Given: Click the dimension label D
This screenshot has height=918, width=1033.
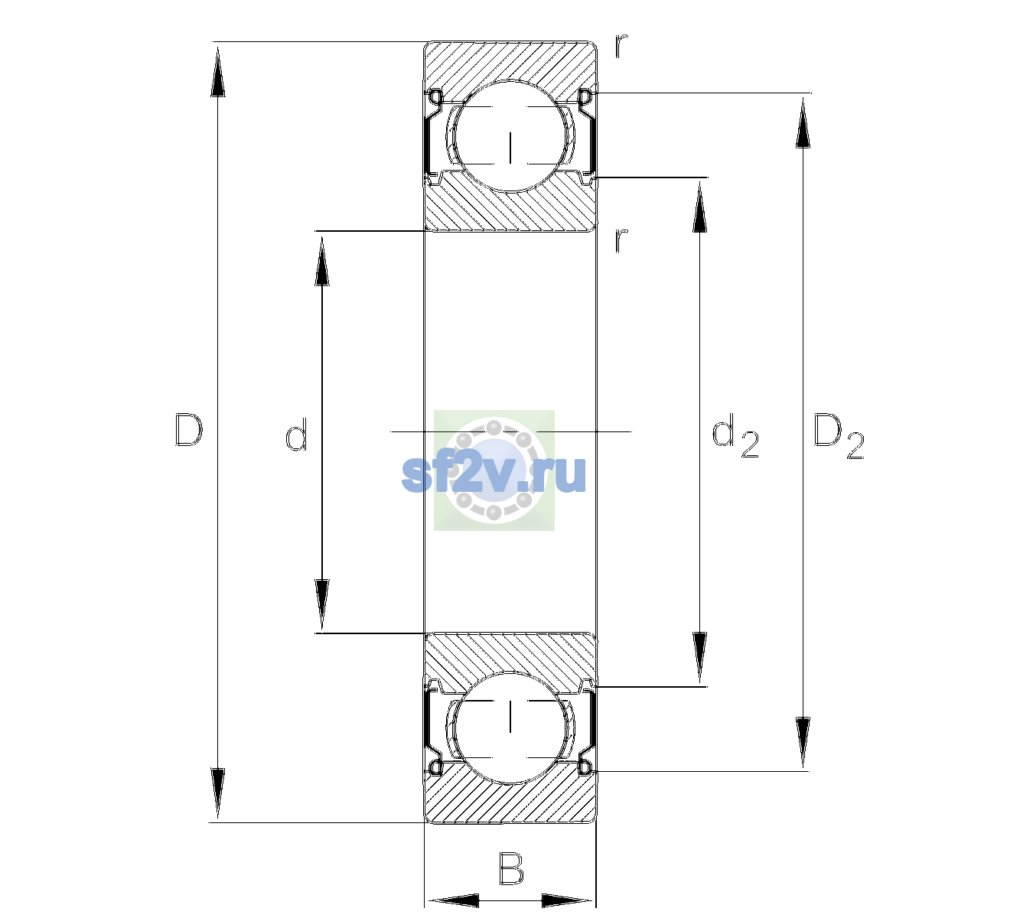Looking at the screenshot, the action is tap(189, 431).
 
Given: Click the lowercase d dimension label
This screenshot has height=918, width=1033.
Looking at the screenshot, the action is tap(296, 435).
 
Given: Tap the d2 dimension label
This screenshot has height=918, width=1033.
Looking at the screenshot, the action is tap(735, 436).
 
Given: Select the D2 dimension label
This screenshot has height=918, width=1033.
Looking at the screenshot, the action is tap(838, 437).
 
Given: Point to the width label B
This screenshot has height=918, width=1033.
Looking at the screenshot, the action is tap(511, 868).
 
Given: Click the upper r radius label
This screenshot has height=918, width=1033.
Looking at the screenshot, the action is tap(621, 46).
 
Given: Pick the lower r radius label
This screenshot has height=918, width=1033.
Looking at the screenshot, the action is tap(621, 240).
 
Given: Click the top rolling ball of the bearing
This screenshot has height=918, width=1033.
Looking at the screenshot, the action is tap(510, 136).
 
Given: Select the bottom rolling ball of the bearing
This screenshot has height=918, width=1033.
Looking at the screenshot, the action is tap(510, 728).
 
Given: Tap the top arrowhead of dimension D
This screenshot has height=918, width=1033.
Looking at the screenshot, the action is tap(218, 71).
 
